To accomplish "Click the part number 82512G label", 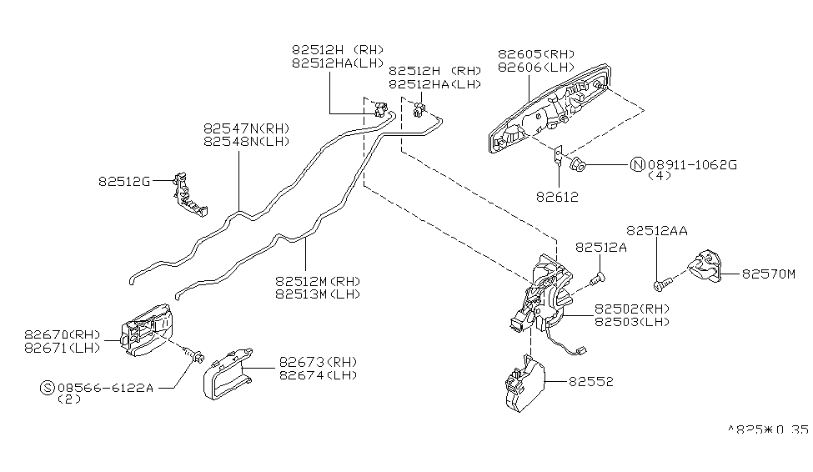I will (x=123, y=181).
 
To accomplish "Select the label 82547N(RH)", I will (x=246, y=128).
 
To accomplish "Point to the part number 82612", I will (x=559, y=198).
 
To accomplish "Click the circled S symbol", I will (x=48, y=388).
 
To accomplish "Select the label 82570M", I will (x=769, y=273).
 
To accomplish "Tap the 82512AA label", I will (x=657, y=230).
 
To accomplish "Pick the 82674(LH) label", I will (x=318, y=375).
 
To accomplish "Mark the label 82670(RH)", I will (x=73, y=334).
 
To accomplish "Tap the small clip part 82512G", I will (x=188, y=197).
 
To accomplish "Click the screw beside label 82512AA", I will (x=660, y=285).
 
